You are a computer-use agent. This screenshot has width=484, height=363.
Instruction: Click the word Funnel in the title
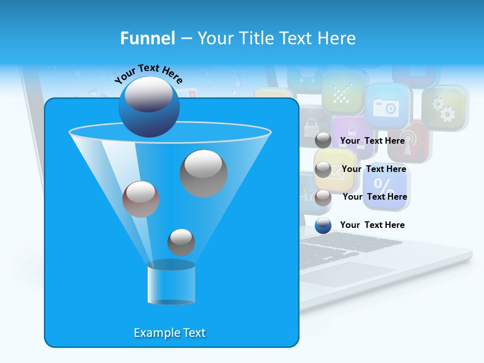[147, 38]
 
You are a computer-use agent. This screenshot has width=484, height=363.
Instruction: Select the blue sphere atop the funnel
[149, 107]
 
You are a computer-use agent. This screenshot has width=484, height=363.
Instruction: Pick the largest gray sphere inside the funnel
[204, 173]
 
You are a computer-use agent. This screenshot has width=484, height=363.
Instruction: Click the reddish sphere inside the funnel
[141, 199]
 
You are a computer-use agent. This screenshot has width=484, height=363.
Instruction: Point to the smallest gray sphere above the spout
[181, 242]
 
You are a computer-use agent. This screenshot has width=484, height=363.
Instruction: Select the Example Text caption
[170, 333]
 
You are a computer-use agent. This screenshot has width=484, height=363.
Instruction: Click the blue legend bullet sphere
[323, 225]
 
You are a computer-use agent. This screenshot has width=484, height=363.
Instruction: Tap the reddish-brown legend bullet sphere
[323, 197]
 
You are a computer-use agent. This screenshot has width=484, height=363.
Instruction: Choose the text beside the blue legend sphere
[373, 225]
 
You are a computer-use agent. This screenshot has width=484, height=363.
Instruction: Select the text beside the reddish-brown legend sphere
[375, 197]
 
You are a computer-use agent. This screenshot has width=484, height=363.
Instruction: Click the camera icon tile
[386, 106]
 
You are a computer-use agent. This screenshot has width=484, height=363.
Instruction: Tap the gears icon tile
[444, 108]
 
